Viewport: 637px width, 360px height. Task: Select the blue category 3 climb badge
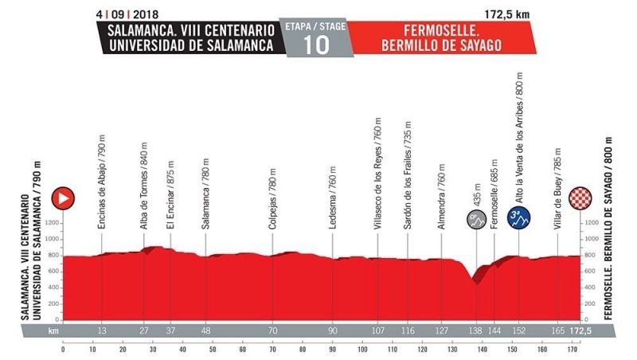(x=518, y=217)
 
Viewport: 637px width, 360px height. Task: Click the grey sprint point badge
(x=476, y=217)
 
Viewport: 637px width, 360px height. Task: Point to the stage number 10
(x=315, y=45)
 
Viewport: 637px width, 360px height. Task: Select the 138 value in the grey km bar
(x=475, y=330)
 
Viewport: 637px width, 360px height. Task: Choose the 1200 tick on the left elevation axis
(x=53, y=224)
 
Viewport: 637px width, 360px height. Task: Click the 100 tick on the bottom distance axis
(x=362, y=349)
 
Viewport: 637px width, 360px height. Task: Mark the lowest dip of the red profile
(x=476, y=283)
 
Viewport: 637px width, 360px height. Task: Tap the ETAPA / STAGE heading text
(x=315, y=26)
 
